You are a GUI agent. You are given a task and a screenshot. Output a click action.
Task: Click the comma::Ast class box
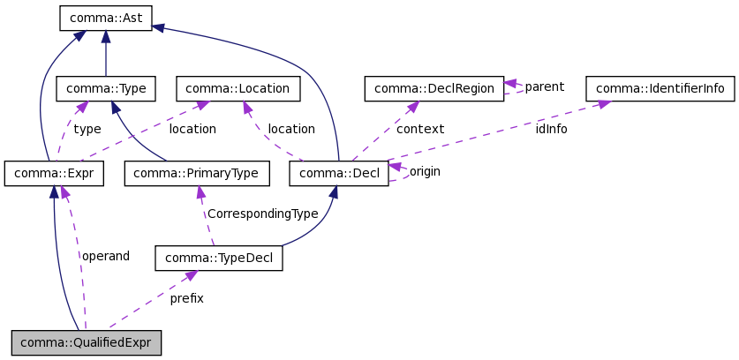106,17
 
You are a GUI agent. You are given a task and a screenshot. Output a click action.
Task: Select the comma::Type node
106,88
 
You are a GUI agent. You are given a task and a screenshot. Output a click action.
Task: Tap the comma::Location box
238,88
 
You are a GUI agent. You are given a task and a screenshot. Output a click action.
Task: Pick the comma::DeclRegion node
434,88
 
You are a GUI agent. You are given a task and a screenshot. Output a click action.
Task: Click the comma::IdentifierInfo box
660,88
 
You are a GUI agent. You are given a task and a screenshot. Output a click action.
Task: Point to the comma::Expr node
54,174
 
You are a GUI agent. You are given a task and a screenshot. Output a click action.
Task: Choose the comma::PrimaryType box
196,174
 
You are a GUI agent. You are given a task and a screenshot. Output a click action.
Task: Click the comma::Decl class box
339,174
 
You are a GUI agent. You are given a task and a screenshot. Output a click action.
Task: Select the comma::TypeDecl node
218,259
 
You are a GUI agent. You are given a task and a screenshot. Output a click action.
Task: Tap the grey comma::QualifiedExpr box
87,342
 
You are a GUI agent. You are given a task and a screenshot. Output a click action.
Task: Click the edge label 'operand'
105,256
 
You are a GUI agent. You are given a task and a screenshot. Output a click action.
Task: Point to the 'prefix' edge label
186,298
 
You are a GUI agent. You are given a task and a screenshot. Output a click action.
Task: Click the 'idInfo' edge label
551,129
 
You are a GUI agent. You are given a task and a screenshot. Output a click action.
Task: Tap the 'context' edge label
419,129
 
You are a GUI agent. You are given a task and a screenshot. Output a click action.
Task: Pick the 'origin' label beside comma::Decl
425,171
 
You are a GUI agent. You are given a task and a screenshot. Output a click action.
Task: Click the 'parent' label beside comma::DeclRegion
544,86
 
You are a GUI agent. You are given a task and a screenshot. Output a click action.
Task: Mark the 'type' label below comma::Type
87,129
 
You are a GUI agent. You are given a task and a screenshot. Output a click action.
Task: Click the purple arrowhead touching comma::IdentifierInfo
605,104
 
